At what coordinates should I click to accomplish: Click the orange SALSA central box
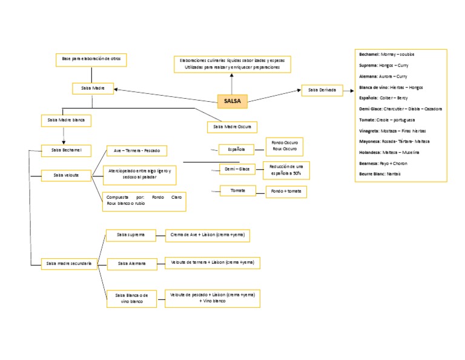(232, 101)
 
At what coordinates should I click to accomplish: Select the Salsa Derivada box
(322, 90)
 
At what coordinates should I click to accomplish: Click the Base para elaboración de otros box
(91, 59)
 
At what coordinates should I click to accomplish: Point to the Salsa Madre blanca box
(65, 120)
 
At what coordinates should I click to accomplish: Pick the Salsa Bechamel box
(67, 149)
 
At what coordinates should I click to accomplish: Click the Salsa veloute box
(66, 175)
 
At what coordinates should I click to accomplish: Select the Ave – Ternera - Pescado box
(136, 150)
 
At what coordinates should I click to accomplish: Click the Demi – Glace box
(237, 169)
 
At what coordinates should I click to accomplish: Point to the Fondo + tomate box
(286, 192)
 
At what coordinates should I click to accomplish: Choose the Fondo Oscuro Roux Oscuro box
(285, 146)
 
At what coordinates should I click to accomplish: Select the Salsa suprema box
(131, 234)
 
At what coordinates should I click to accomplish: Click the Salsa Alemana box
(131, 263)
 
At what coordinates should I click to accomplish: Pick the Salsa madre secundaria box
(68, 263)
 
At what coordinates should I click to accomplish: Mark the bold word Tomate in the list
(368, 119)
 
